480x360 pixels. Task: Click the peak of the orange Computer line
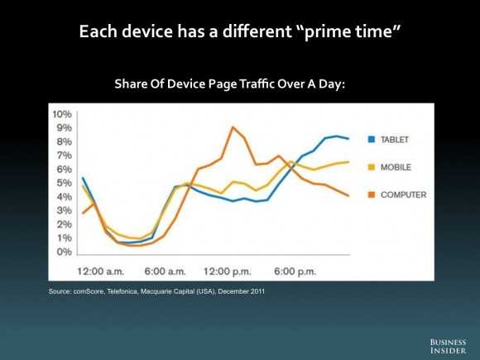coord(233,127)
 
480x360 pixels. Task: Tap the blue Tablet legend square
coord(372,139)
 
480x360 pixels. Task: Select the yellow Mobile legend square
coord(372,167)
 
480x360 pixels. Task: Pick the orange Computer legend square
coord(372,194)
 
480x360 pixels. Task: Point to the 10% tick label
coord(62,114)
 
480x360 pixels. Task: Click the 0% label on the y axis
coord(65,252)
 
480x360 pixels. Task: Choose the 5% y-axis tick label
coord(65,183)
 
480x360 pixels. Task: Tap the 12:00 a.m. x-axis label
coord(101,271)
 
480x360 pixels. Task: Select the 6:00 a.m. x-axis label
coord(166,271)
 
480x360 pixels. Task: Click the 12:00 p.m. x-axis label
coord(228,271)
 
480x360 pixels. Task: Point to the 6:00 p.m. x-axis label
coord(295,271)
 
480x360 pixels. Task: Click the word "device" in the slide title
coord(147,31)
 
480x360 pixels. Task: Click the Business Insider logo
coord(448,346)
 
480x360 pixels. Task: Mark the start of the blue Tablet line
coord(83,178)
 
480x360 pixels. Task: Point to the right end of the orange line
coord(348,195)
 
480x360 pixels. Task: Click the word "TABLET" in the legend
coord(395,140)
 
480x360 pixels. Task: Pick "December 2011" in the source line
coord(241,291)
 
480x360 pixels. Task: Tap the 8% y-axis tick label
coord(65,142)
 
